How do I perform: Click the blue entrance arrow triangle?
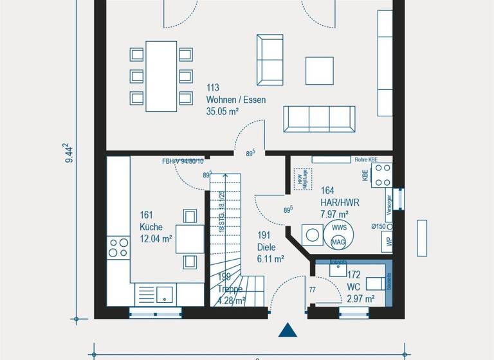tap(289, 330)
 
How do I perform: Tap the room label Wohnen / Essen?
tap(235, 100)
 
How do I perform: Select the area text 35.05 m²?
tap(223, 111)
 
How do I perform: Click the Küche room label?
tap(151, 227)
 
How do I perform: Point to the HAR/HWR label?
tap(340, 202)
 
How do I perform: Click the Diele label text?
tap(266, 247)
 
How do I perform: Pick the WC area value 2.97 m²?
tap(361, 298)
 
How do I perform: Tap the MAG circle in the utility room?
tap(338, 242)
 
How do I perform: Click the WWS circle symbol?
tap(339, 228)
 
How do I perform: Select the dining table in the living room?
tap(161, 76)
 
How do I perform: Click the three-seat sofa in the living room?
tap(320, 119)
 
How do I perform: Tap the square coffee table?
tap(320, 71)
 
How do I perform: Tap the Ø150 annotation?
tap(380, 226)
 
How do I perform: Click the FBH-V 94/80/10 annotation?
tap(183, 161)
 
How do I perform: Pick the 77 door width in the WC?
tap(312, 290)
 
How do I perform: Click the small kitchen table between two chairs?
tap(190, 239)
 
